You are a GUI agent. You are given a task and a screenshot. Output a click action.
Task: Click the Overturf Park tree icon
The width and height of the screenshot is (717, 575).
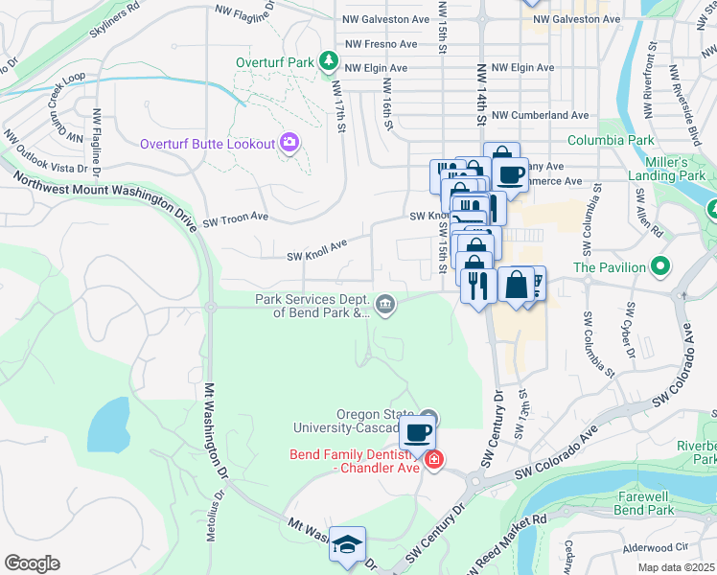coord(329,62)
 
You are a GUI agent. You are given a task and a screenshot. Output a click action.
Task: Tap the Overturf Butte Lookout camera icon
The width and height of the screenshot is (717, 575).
coord(289,144)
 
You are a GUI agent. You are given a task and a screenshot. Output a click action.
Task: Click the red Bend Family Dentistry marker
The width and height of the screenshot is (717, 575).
coord(433,460)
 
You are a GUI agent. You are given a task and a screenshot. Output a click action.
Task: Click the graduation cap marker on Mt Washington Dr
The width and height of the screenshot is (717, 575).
coord(347,542)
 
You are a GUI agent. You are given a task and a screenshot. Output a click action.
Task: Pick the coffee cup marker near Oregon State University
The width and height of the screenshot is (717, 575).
coord(417,432)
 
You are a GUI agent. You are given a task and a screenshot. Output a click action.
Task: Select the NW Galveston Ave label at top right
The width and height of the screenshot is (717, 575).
coord(576,19)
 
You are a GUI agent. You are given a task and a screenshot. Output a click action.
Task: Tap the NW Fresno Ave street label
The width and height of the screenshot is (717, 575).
coord(381,44)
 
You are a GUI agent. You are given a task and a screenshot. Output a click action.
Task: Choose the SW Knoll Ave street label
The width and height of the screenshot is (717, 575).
coord(316,256)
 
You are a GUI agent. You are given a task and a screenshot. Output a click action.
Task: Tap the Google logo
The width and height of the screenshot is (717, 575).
coord(32,563)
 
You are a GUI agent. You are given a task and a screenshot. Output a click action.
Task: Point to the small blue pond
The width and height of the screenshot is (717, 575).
coord(110,422)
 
